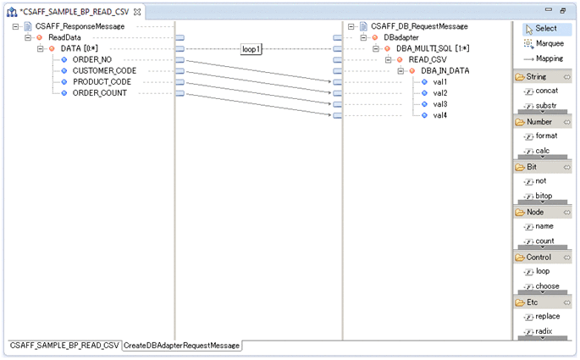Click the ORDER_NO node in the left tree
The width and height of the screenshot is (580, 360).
pos(92,59)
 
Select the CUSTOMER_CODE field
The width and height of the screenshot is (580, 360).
pos(104,70)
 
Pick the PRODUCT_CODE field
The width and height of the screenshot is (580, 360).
pos(102,81)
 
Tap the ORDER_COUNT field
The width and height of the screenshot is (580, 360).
pos(100,92)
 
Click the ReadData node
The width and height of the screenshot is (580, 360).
pos(64,37)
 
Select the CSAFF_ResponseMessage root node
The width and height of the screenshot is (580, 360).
pos(80,26)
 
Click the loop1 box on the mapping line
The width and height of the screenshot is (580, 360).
pos(251,49)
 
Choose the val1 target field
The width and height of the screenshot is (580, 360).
pos(439,81)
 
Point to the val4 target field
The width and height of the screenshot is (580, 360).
pos(439,114)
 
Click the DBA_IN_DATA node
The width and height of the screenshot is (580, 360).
pos(445,70)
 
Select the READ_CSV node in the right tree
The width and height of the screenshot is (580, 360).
pos(427,59)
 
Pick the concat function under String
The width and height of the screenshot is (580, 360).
pos(546,90)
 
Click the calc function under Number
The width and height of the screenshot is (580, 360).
pos(542,150)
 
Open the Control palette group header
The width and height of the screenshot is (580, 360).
pos(539,257)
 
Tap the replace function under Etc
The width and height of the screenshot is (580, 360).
pos(547,316)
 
